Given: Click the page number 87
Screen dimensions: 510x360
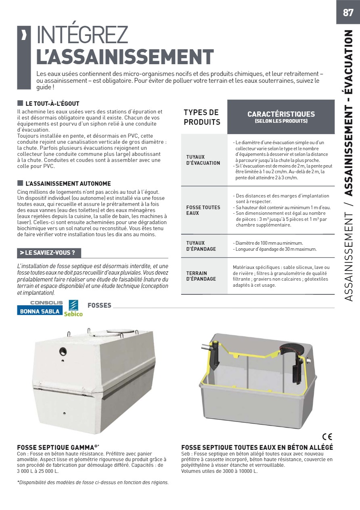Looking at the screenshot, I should tap(348, 13).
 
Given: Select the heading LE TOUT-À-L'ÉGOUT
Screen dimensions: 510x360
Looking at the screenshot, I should tap(52, 104).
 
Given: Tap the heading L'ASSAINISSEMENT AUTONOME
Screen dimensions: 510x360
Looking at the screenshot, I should tap(68, 183).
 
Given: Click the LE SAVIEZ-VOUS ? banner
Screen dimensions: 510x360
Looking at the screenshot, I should tap(49, 253).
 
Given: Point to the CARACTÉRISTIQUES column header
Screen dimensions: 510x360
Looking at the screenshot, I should tap(281, 117).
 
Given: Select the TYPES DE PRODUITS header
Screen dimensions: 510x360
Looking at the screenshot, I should tap(202, 117).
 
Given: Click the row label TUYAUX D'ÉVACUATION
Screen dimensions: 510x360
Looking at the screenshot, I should tap(203, 160).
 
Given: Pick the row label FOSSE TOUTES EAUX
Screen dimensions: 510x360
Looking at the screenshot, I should tap(203, 210).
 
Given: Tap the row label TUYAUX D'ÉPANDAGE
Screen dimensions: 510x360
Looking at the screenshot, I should tap(201, 246).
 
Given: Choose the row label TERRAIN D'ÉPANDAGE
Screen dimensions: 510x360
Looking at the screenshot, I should tap(201, 276).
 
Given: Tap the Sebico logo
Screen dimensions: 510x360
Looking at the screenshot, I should tap(73, 309).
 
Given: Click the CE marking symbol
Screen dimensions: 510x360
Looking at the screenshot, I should tap(327, 437).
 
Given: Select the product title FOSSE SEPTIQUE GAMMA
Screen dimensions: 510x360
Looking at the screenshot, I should tap(58, 447).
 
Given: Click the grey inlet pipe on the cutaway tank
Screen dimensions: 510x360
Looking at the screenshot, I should tap(206, 347).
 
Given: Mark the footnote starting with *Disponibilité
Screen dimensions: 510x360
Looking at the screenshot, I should tap(93, 482).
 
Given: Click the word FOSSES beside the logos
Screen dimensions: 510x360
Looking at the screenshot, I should tap(99, 305).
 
